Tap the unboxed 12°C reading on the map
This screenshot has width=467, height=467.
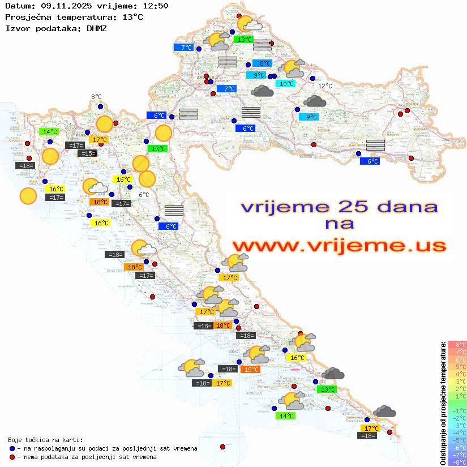[325, 86]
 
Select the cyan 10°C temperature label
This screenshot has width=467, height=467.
[285, 84]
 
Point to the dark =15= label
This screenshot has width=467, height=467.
[87, 153]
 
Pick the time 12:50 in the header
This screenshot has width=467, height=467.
[156, 6]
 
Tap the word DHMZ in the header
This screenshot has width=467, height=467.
[96, 28]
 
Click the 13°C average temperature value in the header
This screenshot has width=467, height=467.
[132, 17]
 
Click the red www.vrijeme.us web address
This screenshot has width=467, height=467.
[339, 246]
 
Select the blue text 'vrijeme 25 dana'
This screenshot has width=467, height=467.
[339, 207]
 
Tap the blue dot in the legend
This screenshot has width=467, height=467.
[12, 448]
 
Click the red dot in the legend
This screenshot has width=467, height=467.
[12, 457]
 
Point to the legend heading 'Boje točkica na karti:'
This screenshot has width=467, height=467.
[45, 440]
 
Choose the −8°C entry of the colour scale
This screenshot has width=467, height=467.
[457, 462]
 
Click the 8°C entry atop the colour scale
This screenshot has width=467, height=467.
[457, 344]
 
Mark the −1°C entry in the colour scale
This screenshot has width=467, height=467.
[457, 410]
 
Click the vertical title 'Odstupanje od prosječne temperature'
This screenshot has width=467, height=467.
[443, 403]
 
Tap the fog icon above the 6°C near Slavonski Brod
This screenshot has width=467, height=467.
[375, 144]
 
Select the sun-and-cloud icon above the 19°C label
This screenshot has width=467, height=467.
[259, 354]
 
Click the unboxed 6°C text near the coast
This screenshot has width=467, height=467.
[144, 195]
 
